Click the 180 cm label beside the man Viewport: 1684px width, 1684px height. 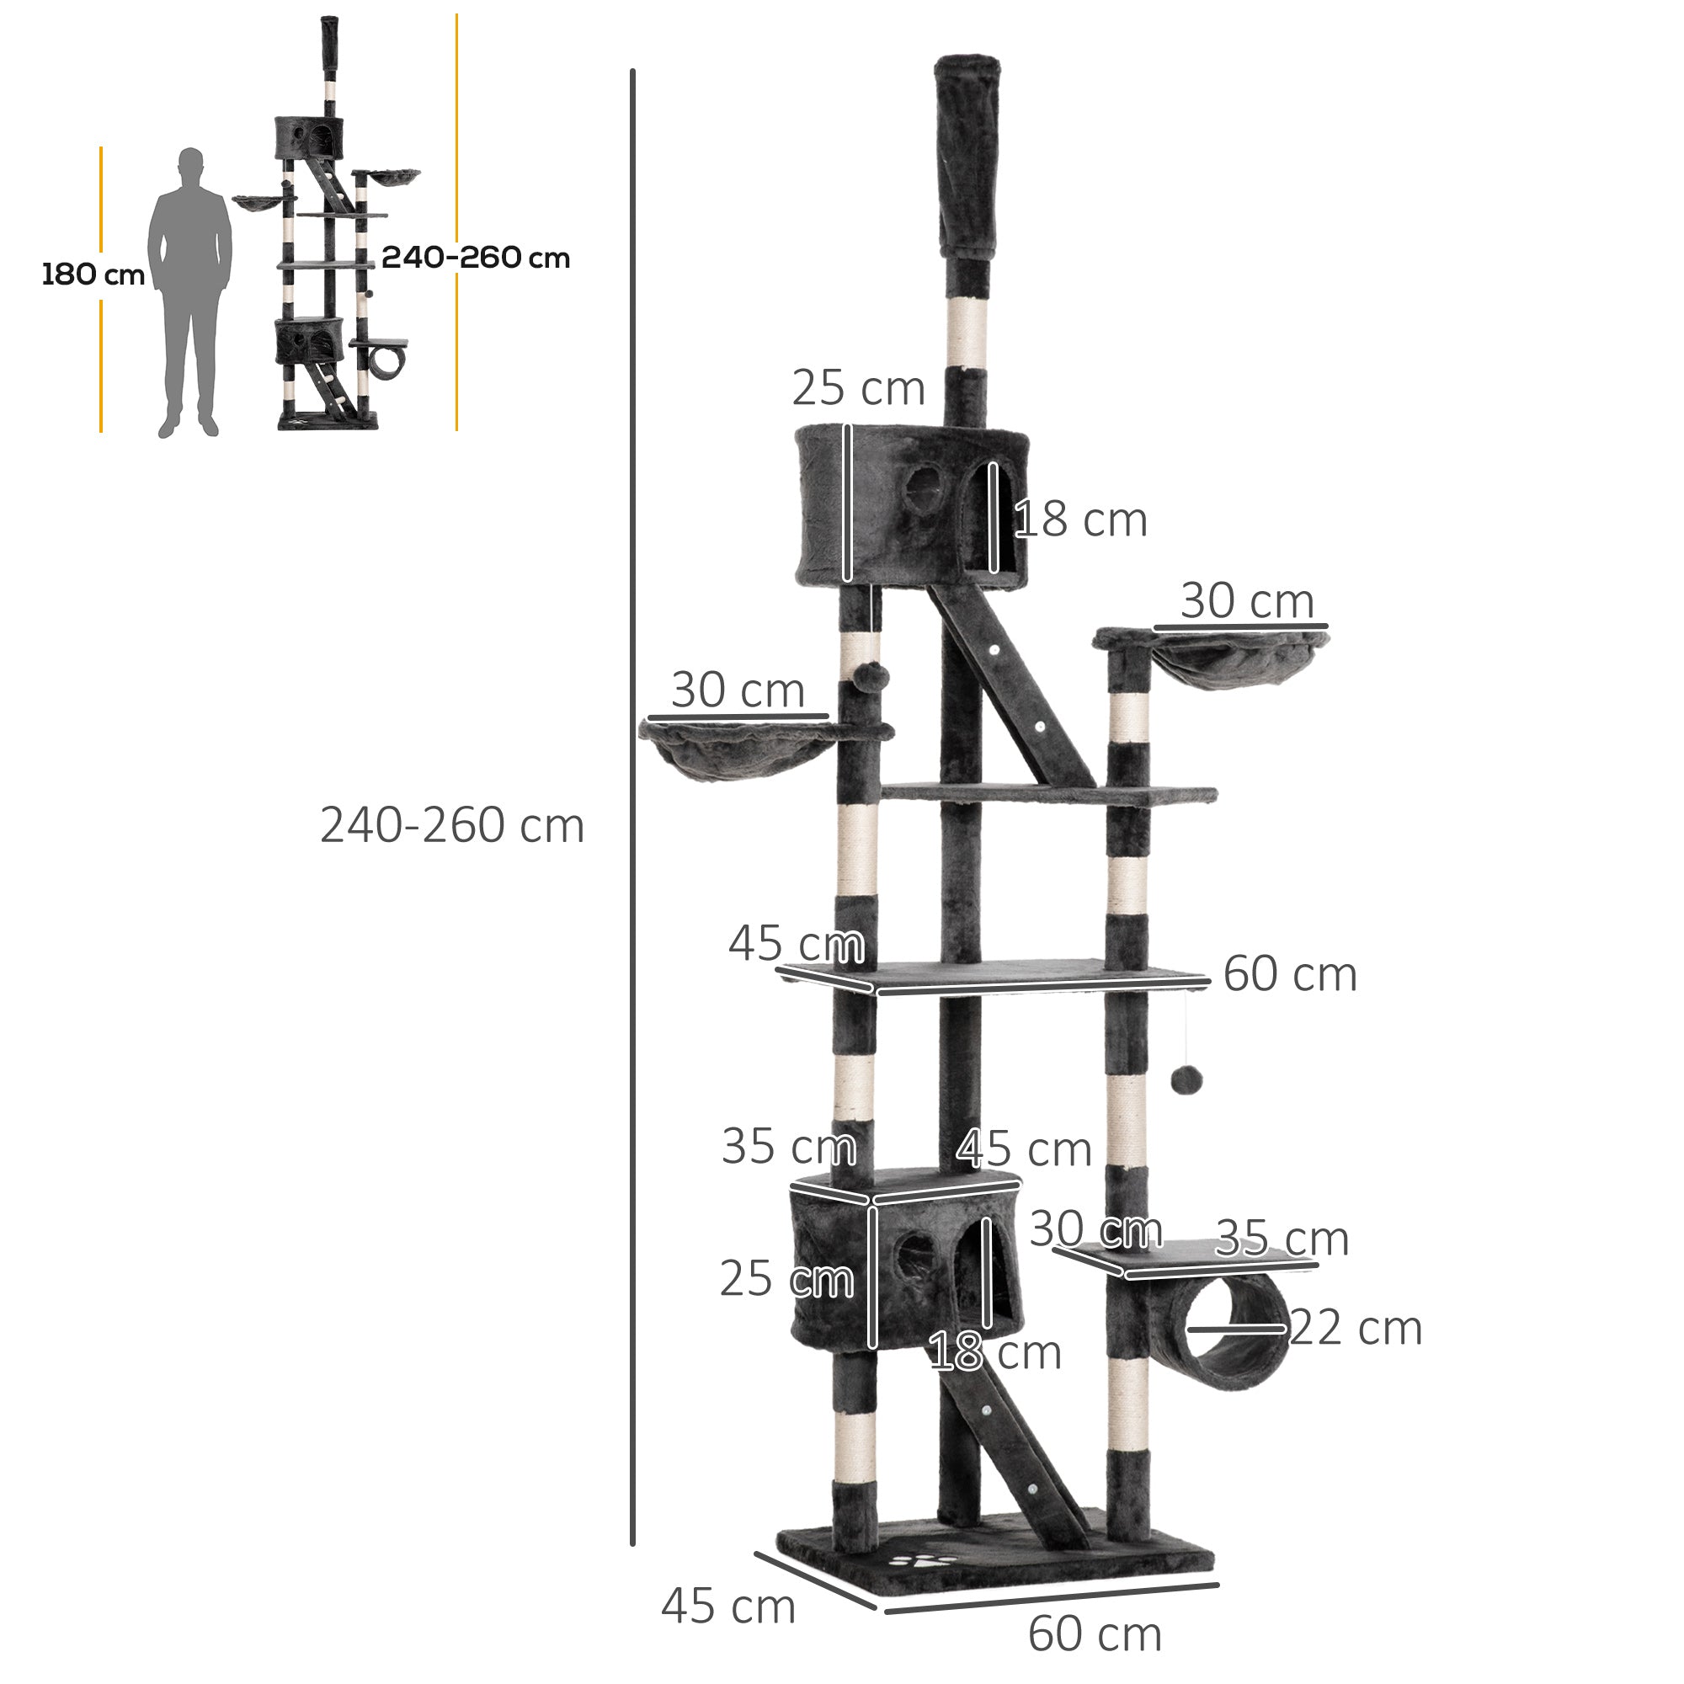(x=93, y=274)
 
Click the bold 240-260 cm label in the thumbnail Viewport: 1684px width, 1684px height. (x=475, y=257)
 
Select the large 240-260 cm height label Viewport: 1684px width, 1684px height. (x=451, y=824)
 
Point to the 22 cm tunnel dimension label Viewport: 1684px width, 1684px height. (x=1356, y=1328)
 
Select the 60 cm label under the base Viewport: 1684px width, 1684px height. (x=1095, y=1633)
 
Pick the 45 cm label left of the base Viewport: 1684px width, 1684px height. (x=728, y=1606)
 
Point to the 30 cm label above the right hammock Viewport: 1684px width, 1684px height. (x=1247, y=600)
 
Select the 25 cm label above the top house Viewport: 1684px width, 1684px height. (x=858, y=388)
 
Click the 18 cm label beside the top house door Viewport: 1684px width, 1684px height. (x=1081, y=520)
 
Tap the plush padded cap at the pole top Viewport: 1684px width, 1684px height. (x=967, y=157)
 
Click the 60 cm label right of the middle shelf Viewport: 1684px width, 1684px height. (x=1290, y=973)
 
